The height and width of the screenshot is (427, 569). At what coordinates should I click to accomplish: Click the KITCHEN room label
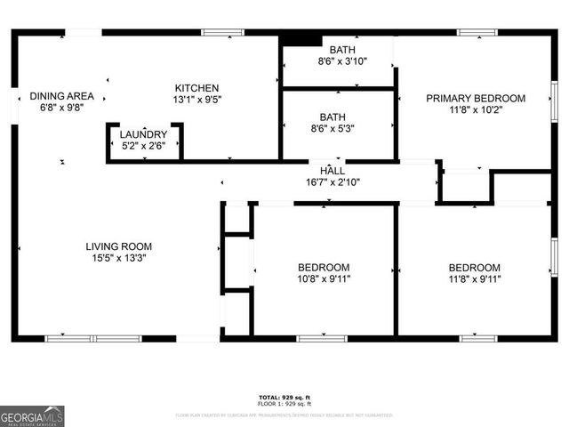196,88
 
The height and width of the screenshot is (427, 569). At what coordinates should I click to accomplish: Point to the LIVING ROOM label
118,246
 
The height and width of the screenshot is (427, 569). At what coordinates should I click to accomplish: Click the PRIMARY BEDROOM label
475,99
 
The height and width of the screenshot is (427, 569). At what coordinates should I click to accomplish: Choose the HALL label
333,170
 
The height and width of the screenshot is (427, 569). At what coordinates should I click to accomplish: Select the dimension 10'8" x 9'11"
324,278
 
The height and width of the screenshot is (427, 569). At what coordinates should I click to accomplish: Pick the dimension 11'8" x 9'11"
474,278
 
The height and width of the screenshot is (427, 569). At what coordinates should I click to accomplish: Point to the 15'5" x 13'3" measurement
118,258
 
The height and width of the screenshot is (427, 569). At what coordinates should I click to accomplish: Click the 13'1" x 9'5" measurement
196,100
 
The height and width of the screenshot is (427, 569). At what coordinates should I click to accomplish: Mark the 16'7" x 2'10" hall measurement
333,181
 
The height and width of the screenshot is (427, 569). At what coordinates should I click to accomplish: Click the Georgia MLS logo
32,416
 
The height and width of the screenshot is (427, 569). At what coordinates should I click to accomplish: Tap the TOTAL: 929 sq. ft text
284,397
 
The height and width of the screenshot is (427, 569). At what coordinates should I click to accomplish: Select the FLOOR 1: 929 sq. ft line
284,404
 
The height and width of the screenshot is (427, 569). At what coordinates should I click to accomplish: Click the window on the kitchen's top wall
222,33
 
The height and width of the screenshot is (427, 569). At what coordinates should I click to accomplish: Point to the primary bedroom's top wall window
477,33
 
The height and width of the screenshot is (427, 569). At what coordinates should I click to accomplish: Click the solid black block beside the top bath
300,39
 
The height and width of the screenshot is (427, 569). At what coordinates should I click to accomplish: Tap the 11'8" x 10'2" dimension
475,110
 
